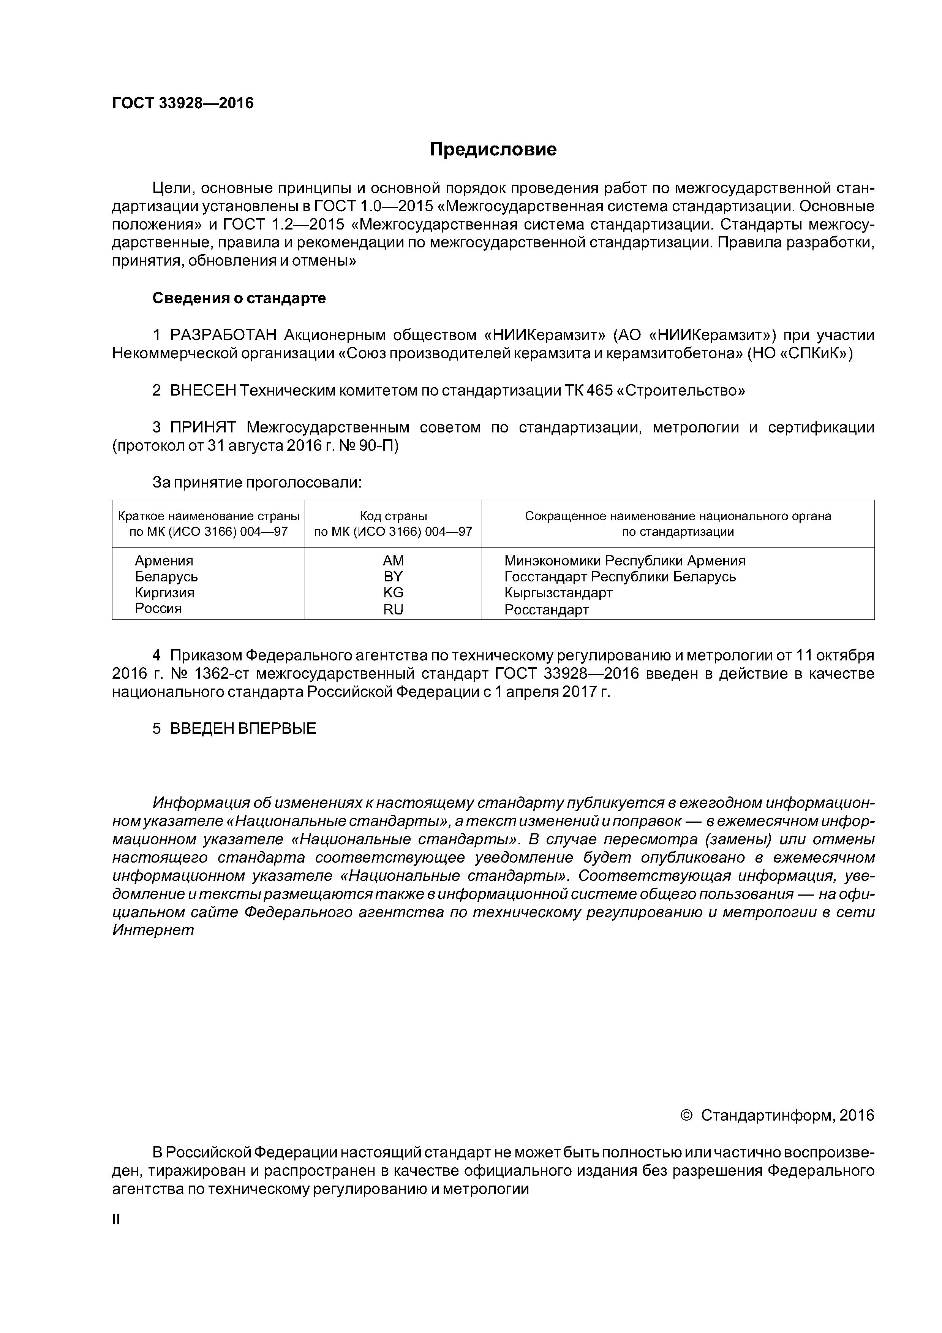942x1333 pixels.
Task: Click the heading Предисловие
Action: [x=493, y=150]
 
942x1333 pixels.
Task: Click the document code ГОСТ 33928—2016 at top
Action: [x=183, y=103]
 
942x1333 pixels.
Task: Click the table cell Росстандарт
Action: [x=546, y=610]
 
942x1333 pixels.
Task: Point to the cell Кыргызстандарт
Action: [x=558, y=593]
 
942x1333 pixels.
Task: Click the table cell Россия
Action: [x=158, y=608]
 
